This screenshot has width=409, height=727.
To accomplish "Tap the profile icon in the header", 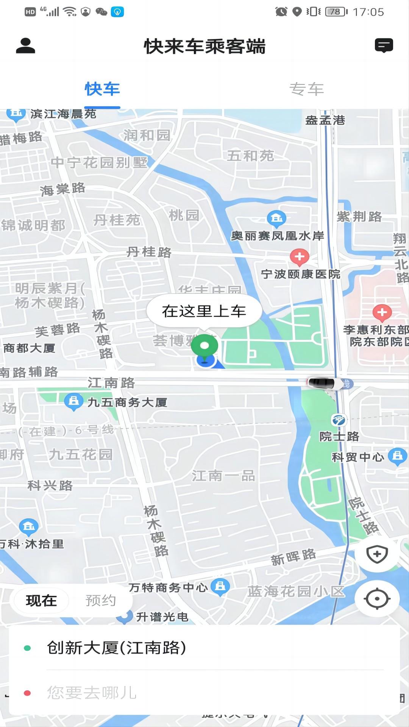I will [x=25, y=46].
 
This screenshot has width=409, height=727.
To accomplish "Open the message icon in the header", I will [x=384, y=45].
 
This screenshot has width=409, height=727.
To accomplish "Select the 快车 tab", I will [x=102, y=89].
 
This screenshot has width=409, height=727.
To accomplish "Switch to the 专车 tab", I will [x=306, y=89].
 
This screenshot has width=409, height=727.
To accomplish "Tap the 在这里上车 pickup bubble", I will [x=204, y=311].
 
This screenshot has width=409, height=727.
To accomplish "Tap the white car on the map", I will [x=322, y=383].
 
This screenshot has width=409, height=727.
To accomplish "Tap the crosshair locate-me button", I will [x=377, y=599].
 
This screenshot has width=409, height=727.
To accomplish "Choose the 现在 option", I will [x=41, y=601].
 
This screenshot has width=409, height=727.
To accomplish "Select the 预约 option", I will [x=100, y=601].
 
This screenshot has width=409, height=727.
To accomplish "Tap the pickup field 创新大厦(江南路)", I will [x=117, y=648].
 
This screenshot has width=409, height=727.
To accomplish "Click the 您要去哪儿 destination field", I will [x=92, y=693].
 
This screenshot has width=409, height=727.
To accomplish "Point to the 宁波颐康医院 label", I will [x=301, y=274].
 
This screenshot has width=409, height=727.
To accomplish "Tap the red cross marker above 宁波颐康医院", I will [x=300, y=257].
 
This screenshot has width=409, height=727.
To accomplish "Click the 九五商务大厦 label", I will [x=127, y=402].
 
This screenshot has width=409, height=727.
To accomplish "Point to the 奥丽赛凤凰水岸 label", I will [x=278, y=236].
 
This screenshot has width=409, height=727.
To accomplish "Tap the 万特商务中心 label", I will [x=168, y=587].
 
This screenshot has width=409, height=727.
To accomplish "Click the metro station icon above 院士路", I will [x=339, y=420].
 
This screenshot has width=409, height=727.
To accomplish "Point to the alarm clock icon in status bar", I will [x=281, y=12].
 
